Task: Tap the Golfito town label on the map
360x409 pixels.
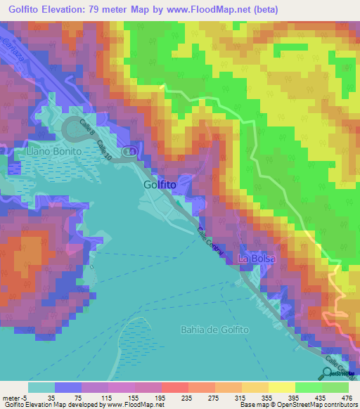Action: tap(159, 185)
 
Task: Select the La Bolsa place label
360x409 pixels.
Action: tap(257, 259)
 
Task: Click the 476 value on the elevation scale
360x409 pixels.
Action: tap(346, 396)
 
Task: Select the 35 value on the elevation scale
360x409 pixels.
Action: tap(53, 396)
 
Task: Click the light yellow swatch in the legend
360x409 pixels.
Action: tap(281, 387)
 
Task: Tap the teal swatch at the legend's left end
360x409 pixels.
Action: tap(41, 387)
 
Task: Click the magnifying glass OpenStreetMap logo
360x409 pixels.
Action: tap(328, 373)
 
